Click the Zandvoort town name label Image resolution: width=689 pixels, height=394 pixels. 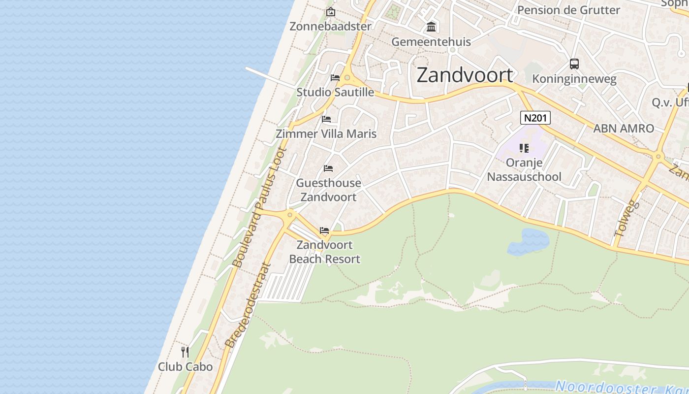[x=465, y=75]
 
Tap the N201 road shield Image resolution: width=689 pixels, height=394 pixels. [x=535, y=118]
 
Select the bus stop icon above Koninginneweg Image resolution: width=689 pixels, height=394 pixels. [x=574, y=64]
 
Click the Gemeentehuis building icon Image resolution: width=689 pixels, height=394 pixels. [x=431, y=27]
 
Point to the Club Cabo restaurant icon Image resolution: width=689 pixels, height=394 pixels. [x=185, y=352]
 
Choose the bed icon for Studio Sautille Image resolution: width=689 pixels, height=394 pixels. [x=335, y=78]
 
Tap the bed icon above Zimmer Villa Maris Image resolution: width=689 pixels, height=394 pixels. [x=326, y=119]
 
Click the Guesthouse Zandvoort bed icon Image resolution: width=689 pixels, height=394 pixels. [x=328, y=168]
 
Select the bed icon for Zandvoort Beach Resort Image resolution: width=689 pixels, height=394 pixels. [x=324, y=230]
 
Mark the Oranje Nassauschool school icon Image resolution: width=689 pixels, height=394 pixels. [x=524, y=148]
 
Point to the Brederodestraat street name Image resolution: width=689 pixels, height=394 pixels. [x=248, y=305]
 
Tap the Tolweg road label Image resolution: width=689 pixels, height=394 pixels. [x=626, y=218]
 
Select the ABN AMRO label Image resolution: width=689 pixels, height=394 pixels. [x=624, y=129]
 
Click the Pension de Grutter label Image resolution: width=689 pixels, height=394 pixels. [x=568, y=10]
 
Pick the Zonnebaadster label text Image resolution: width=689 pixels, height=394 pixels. [x=330, y=26]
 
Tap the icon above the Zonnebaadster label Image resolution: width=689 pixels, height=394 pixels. [x=331, y=12]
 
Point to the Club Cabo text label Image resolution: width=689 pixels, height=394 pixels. [x=185, y=367]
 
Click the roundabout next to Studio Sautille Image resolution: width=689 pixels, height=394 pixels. [x=347, y=78]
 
